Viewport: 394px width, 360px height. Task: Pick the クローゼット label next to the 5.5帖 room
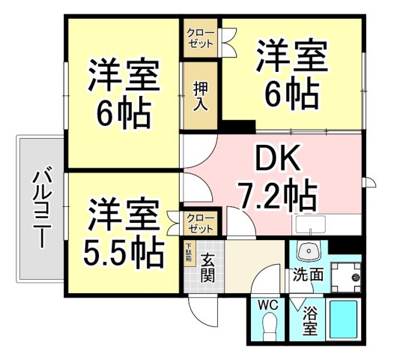coord(201,223)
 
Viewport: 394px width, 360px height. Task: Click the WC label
coord(267,305)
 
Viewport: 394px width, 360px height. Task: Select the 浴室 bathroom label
coord(309,321)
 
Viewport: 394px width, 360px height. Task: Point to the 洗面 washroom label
coord(308,274)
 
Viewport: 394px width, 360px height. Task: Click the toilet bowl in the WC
coord(270,325)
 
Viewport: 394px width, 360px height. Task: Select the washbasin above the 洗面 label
coord(306,251)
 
